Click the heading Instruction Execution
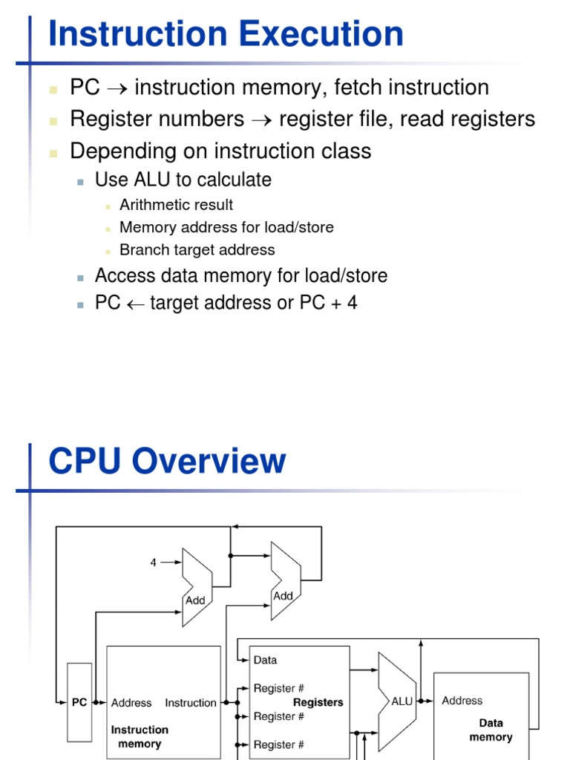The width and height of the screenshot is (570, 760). coord(226,35)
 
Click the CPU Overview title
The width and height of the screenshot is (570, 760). coord(167,461)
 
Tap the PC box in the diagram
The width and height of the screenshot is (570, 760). coord(79,703)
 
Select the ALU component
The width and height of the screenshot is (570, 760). coord(402,701)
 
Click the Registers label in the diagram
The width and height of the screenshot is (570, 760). coord(318,702)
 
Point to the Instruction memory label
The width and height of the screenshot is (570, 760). coord(140,736)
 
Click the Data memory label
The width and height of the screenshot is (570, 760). coord(491,730)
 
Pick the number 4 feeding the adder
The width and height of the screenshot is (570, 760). coord(154,563)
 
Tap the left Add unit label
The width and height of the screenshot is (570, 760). coord(195,600)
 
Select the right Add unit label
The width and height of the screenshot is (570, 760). coord(283,595)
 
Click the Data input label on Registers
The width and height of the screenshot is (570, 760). coord(265,660)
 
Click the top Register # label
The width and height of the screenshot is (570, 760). coord(278,688)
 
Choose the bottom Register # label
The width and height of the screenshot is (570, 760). coord(278,744)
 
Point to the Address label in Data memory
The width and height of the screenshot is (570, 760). coord(462,701)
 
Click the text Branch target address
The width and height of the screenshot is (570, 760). coord(197,250)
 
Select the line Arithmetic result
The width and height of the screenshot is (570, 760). coord(176,205)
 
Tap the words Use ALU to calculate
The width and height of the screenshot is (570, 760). coord(183,180)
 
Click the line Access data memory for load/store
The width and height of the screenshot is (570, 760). coord(240,276)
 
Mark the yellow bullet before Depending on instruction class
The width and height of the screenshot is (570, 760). coord(53,152)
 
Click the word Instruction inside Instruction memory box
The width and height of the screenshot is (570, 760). coord(191,703)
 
